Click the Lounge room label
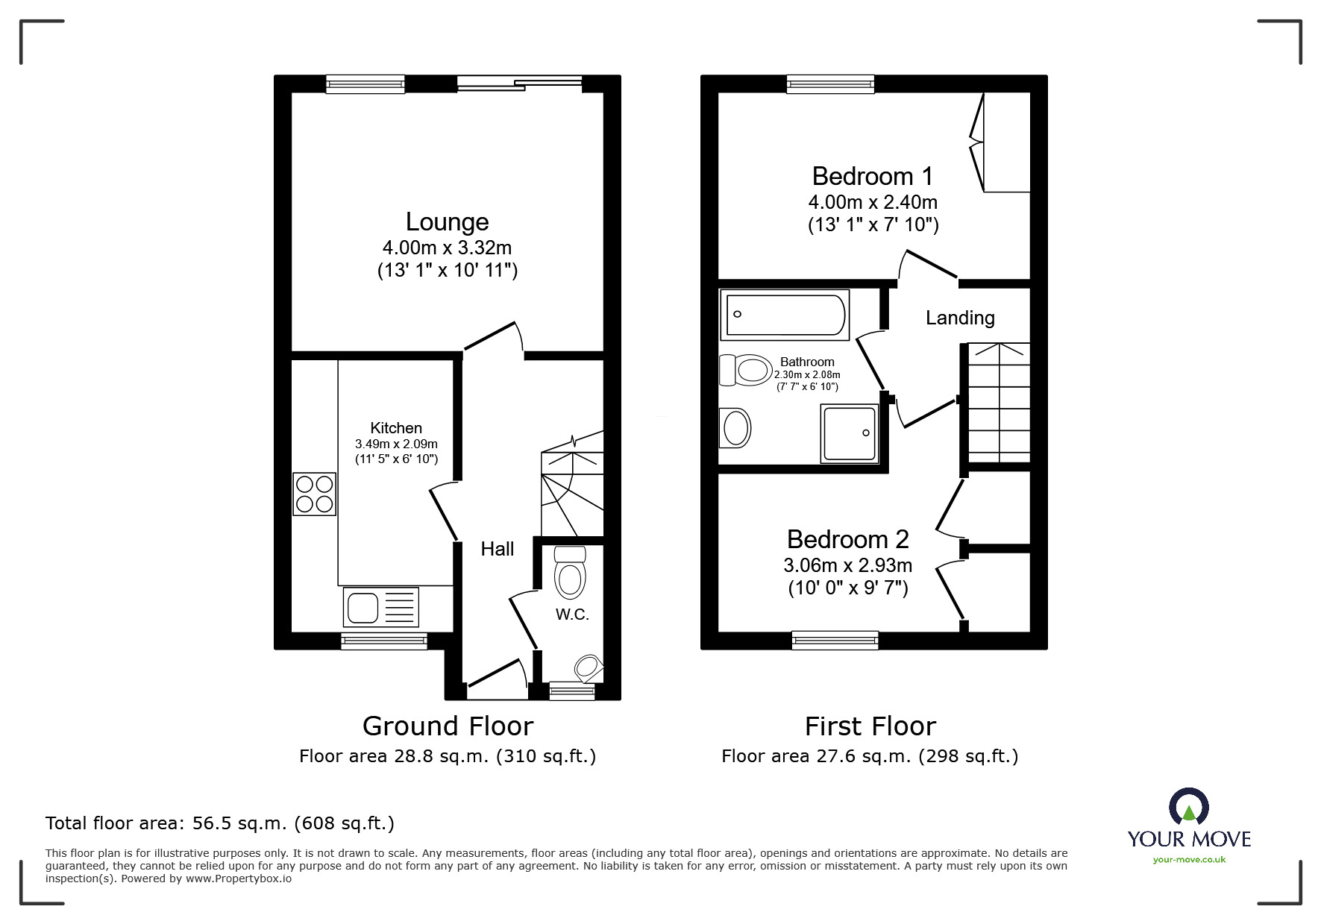point(447,221)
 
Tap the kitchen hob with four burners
point(314,494)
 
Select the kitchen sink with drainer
point(381,606)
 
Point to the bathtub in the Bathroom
point(784,314)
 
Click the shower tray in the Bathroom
point(849,433)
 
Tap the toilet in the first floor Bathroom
point(745,370)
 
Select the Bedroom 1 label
point(872,176)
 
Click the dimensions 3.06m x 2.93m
point(847,565)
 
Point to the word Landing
point(960,318)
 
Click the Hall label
point(497,549)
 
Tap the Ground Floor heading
point(448,726)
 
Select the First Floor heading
point(870,726)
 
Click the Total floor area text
point(220,823)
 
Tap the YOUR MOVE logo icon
point(1188,807)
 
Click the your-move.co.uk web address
point(1189,859)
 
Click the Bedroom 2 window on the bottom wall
point(835,639)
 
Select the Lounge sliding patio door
point(519,84)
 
